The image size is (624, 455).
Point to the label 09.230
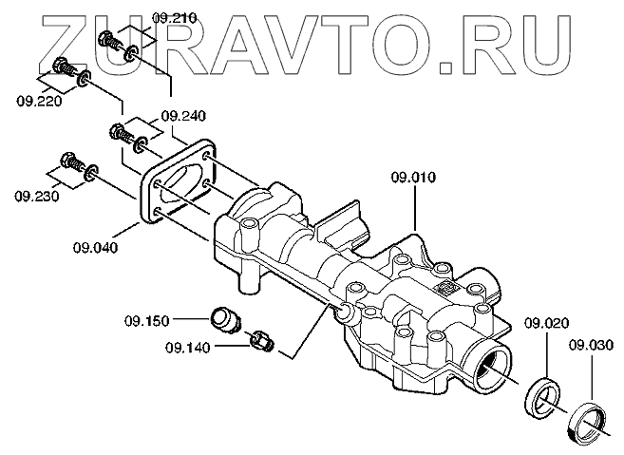pos(34,197)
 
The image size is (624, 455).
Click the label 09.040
pos(94,249)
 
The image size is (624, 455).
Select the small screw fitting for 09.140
pos(262,339)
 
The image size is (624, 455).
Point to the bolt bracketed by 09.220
pos(65,68)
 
